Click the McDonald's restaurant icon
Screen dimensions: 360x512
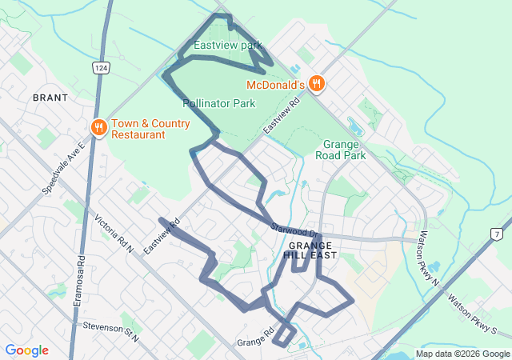[317, 83]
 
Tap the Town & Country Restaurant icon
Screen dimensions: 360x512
[99, 127]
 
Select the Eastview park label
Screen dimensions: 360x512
[228, 46]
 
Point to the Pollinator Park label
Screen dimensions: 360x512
[218, 103]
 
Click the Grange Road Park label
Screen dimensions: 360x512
[344, 150]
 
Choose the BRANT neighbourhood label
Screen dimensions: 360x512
[50, 97]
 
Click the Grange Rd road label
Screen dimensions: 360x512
[256, 338]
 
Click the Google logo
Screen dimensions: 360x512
[26, 350]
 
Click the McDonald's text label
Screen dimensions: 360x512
[276, 84]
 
